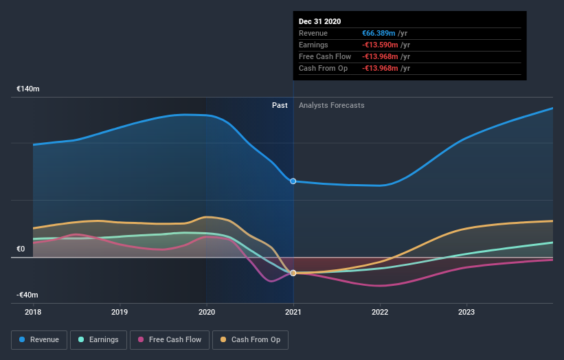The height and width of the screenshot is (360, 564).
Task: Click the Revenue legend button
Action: point(40,339)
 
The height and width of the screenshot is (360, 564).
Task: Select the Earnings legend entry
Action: point(99,339)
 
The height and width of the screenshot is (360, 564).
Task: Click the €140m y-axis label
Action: point(28,89)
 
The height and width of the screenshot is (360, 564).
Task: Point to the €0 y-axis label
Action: point(21,249)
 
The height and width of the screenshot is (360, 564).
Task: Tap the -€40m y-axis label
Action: point(28,295)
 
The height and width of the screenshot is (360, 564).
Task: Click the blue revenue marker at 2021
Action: point(293,181)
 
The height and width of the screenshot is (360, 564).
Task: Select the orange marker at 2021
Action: point(293,273)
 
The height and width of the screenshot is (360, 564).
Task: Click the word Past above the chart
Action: point(280,105)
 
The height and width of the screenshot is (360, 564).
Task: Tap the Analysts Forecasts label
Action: point(332,105)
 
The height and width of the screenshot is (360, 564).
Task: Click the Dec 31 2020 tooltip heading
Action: point(319,22)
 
